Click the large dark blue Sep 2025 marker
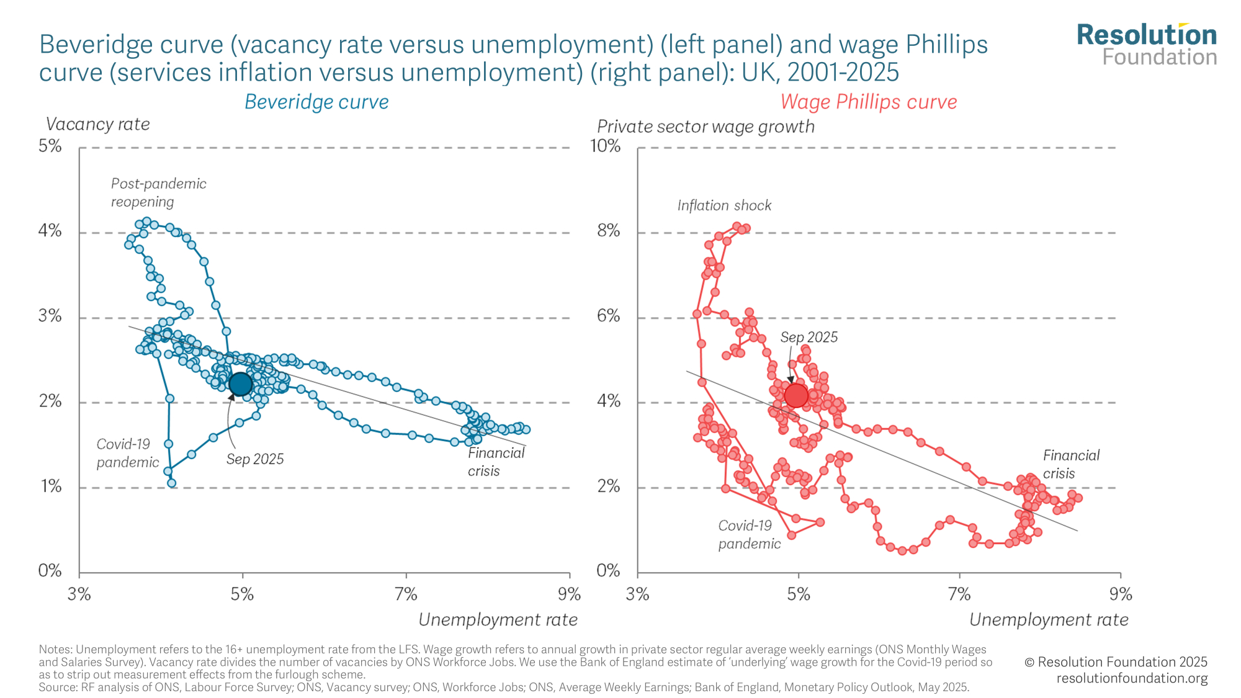click(241, 385)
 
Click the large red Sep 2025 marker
click(796, 395)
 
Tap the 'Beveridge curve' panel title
click(316, 102)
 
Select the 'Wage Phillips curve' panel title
click(868, 102)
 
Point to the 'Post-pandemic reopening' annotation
click(158, 192)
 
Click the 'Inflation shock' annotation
click(724, 205)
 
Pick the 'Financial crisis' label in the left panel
click(496, 462)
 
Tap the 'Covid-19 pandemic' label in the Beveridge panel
click(127, 453)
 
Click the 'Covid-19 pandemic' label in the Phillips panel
click(749, 534)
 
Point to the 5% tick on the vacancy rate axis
click(50, 146)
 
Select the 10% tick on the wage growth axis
click(605, 146)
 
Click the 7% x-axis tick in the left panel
click(406, 594)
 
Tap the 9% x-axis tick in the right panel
click(1121, 594)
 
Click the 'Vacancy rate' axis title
click(98, 124)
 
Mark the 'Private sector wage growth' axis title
click(706, 127)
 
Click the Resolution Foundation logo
click(1147, 45)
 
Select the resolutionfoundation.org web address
click(1132, 678)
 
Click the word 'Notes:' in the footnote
click(55, 650)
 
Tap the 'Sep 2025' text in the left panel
click(255, 459)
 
